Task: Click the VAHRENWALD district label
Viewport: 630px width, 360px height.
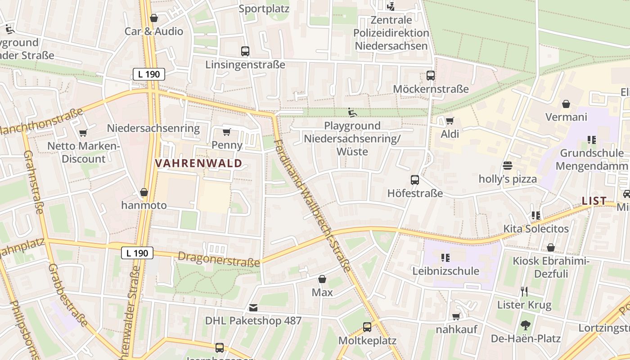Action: (199, 163)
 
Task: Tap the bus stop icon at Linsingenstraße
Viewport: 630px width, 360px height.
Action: (245, 51)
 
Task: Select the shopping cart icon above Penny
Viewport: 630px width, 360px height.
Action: (226, 132)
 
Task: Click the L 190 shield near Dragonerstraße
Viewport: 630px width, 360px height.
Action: (137, 253)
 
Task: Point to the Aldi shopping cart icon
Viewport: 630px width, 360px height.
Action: (449, 121)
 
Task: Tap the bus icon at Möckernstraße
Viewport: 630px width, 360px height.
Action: (431, 76)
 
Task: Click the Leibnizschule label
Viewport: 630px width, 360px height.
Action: (445, 271)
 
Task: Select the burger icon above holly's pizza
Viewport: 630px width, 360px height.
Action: (508, 166)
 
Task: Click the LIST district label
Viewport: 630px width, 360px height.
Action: (594, 201)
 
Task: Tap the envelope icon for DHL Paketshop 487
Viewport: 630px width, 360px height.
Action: (253, 308)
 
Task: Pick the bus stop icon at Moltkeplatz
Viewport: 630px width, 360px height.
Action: (367, 327)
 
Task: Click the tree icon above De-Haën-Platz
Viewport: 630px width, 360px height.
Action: (525, 325)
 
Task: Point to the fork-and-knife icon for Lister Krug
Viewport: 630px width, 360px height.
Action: (524, 292)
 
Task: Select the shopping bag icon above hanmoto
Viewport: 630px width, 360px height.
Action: (144, 193)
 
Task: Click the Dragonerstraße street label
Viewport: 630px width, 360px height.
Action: (219, 259)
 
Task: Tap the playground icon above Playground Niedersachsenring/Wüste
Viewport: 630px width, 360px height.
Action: (352, 112)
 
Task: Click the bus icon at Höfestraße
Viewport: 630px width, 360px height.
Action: (415, 180)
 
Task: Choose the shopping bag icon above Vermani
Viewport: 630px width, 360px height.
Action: (566, 104)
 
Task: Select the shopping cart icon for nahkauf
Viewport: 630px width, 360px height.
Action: (456, 316)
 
